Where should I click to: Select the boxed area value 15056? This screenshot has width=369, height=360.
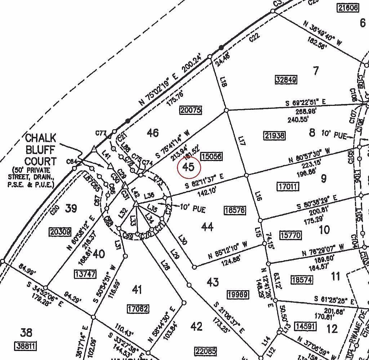[x=212, y=156]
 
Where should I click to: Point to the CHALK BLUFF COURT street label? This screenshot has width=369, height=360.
[x=40, y=149]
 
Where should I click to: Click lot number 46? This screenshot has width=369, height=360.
[x=153, y=133]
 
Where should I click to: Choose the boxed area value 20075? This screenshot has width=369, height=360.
[x=191, y=110]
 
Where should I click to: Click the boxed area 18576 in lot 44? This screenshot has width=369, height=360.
[x=235, y=211]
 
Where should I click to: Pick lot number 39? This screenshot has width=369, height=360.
[x=71, y=208]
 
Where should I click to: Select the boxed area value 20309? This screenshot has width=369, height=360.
[x=60, y=231]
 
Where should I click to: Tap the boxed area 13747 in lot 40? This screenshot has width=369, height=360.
[x=85, y=274]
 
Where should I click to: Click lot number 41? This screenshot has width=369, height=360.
[x=137, y=289]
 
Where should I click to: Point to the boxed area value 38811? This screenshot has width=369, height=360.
[x=26, y=346]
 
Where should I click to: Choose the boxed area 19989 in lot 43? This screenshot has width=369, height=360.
[x=238, y=295]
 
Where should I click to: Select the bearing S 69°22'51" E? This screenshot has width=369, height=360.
[x=306, y=103]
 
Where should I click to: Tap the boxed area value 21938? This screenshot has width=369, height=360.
[x=275, y=135]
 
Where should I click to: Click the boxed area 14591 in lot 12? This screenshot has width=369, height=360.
[x=305, y=327]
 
